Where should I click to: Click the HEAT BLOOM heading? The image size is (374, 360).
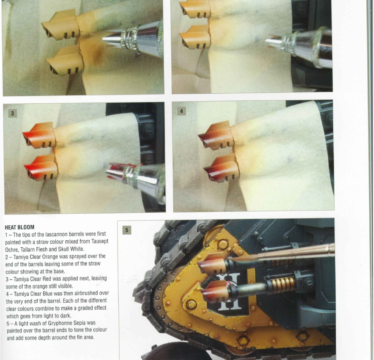coord(20,227)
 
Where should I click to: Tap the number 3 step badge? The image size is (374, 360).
coord(12,113)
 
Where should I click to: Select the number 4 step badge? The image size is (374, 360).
coord(181,111)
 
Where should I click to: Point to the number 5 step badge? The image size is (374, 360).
coord(126,230)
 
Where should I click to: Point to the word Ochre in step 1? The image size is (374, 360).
coord(12,249)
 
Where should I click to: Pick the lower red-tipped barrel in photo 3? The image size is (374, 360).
coord(41,168)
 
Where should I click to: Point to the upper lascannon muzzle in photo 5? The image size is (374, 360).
coord(211,264)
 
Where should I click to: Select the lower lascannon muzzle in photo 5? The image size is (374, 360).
coord(214,292)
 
